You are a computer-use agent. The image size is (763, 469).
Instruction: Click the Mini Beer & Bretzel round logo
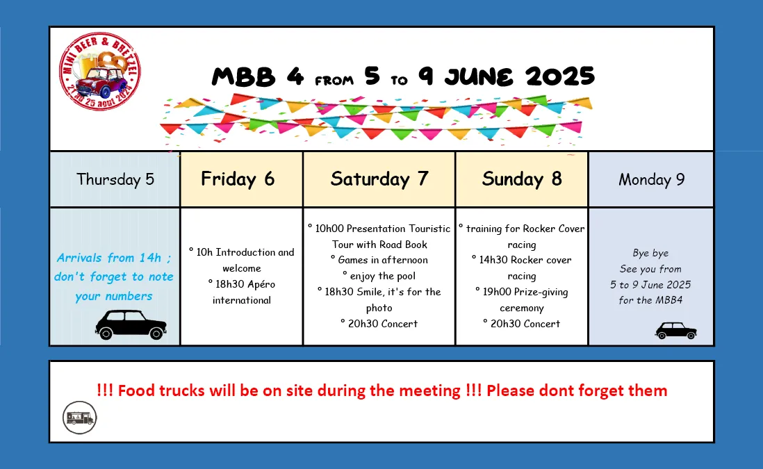(x=100, y=72)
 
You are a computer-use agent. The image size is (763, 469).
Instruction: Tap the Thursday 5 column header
(x=115, y=179)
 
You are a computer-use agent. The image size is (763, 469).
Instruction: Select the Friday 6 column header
(x=241, y=179)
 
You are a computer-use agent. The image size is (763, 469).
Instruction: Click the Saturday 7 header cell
(x=379, y=179)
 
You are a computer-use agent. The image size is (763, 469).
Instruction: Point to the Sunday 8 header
(x=522, y=179)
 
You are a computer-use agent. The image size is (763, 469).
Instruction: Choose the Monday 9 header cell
(x=651, y=179)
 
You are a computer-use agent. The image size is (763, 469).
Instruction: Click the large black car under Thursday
(x=131, y=324)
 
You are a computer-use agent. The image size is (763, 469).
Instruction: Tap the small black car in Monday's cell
(x=676, y=330)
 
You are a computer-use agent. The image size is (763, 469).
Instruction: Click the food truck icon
(x=80, y=418)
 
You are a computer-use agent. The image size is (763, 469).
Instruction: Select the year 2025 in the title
(x=559, y=76)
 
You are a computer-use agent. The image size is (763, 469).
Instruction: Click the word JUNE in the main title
(x=478, y=77)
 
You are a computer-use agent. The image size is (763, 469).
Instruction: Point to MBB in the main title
(x=243, y=77)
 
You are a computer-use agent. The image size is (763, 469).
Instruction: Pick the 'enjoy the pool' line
(x=379, y=276)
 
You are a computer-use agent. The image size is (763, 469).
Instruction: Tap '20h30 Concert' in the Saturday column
(x=379, y=324)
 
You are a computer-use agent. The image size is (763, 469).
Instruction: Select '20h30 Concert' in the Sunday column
(x=522, y=324)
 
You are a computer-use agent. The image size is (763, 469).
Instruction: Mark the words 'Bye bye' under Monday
(x=650, y=253)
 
